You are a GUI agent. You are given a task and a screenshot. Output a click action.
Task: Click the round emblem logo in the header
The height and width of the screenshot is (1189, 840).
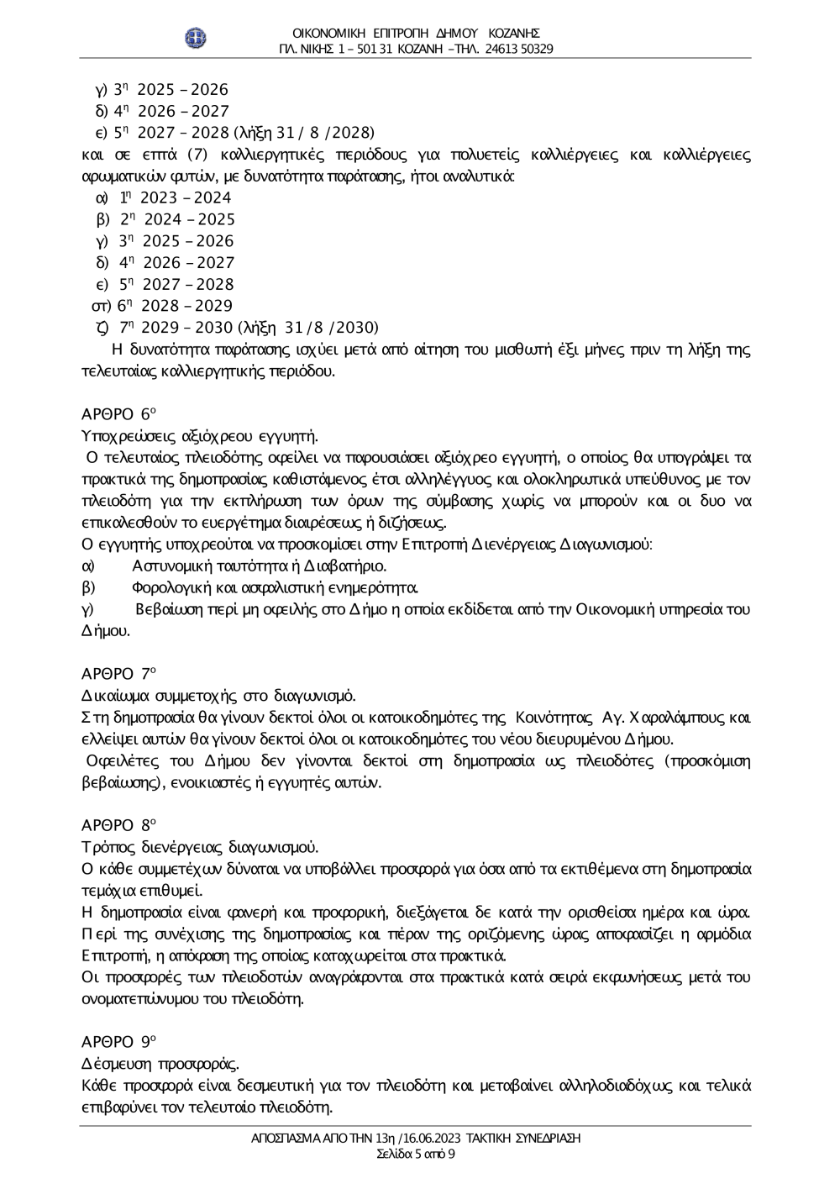[196, 38]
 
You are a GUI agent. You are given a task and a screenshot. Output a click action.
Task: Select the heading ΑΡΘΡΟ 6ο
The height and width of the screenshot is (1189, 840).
[119, 413]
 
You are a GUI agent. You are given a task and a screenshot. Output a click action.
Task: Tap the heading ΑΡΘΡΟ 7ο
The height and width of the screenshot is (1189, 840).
[119, 674]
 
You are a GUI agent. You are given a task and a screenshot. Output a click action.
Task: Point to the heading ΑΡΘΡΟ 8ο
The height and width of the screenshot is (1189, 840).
[119, 825]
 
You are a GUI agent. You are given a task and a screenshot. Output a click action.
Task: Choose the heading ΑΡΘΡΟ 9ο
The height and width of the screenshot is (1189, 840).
[119, 1042]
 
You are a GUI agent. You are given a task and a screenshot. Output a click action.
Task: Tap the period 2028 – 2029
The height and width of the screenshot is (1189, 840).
[186, 306]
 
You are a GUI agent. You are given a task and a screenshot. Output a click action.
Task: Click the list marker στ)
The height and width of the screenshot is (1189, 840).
[102, 306]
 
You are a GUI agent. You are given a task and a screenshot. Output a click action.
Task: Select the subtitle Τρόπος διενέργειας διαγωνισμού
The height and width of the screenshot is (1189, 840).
[199, 847]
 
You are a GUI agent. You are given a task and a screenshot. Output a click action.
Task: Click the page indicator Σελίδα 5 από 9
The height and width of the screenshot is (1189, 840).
[416, 1154]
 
